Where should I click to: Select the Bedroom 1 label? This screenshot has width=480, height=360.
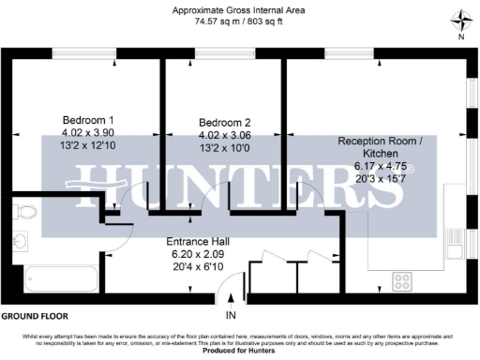(x=88, y=120)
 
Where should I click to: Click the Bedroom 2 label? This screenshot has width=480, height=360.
(x=225, y=123)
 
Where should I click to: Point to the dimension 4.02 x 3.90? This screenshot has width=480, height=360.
(x=88, y=132)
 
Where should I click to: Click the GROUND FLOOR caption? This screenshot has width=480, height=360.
(x=36, y=316)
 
